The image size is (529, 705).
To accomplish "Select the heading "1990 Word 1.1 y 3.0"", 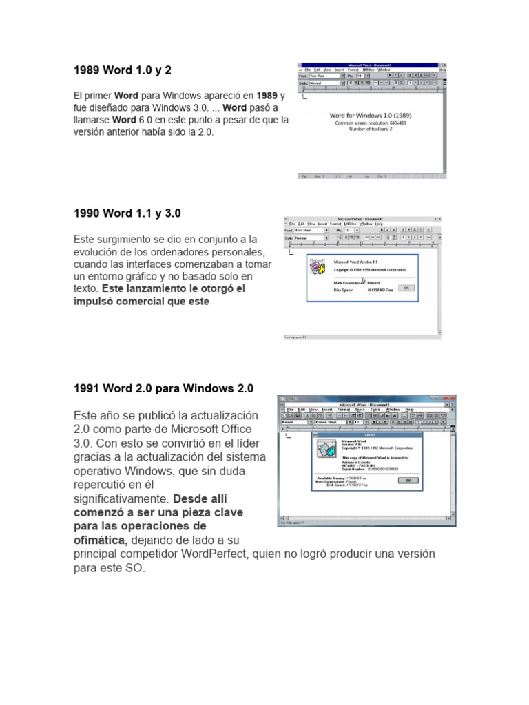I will coord(127,213).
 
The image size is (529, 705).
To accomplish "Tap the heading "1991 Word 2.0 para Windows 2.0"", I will coord(163,388).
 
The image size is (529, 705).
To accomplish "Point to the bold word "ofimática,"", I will coord(100,540).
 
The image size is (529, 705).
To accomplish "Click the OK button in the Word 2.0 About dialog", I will coord(408,480).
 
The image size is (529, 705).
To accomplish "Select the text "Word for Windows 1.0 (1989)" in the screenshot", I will coord(371,115).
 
